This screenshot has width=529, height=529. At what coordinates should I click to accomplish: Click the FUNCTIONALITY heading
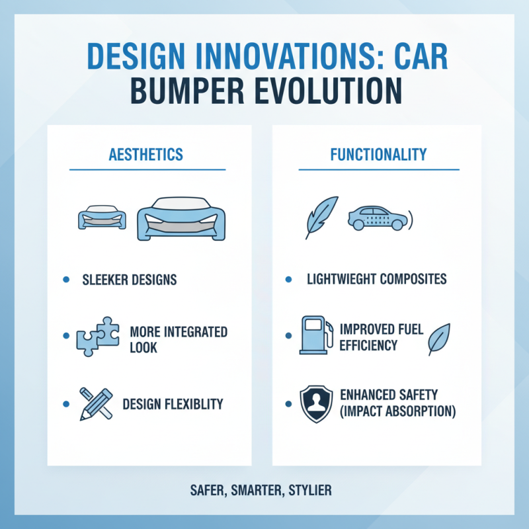tap(379, 155)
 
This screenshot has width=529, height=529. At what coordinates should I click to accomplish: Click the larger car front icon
tap(181, 219)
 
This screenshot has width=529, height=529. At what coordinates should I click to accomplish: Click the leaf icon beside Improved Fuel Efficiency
tap(438, 339)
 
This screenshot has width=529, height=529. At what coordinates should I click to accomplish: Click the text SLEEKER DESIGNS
tap(130, 280)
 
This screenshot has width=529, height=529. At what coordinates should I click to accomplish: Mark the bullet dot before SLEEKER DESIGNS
tap(65, 280)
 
